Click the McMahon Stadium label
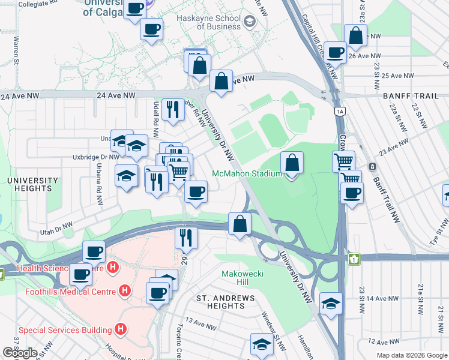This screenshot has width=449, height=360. click(x=247, y=174)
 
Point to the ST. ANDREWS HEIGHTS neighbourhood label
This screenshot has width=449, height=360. click(x=221, y=301)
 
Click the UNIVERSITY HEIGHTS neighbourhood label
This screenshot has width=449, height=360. click(x=29, y=184)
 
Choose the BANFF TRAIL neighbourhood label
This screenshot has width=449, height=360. click(x=415, y=95)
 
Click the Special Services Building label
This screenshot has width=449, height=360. click(x=65, y=329)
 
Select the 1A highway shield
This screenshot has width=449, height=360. click(x=340, y=111)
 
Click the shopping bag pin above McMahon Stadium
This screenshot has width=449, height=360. click(x=292, y=163)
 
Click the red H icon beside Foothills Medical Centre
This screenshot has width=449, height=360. click(x=124, y=292)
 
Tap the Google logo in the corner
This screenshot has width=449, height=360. click(x=20, y=353)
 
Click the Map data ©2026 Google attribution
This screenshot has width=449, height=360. click(x=412, y=356)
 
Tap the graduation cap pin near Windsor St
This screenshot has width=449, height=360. click(x=261, y=344)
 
